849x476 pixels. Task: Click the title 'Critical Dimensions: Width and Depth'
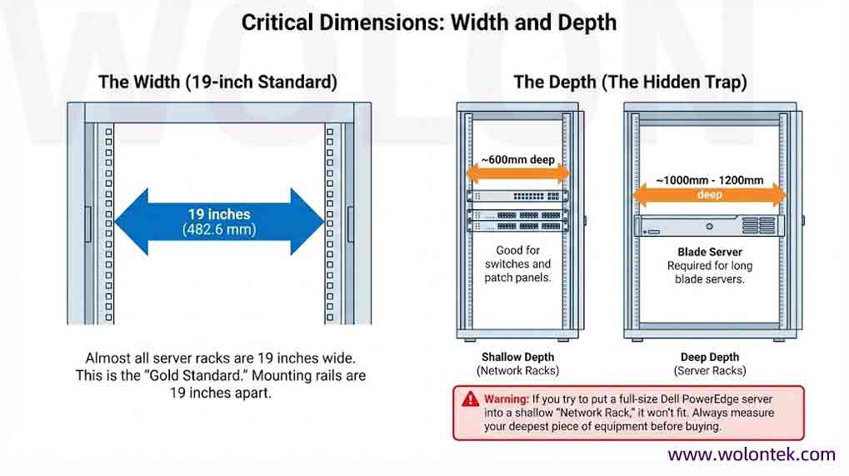pos(428,23)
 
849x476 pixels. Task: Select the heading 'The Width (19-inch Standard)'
pos(217,82)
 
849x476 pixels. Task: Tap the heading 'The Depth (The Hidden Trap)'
pos(630,82)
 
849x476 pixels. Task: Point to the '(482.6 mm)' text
pos(219,230)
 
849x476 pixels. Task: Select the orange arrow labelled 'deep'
pos(709,195)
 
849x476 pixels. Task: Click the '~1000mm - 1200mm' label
pos(709,179)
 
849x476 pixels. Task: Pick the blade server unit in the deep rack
pos(709,226)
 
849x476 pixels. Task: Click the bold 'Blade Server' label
pos(710,252)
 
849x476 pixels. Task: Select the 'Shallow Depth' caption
pos(517,357)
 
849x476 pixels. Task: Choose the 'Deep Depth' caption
pos(710,357)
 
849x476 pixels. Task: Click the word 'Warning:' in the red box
pos(505,399)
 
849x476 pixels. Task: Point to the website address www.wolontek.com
pos(751,454)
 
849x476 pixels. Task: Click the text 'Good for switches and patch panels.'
pos(517,263)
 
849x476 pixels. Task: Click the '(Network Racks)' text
pos(517,370)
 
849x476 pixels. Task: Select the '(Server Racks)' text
pos(710,370)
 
